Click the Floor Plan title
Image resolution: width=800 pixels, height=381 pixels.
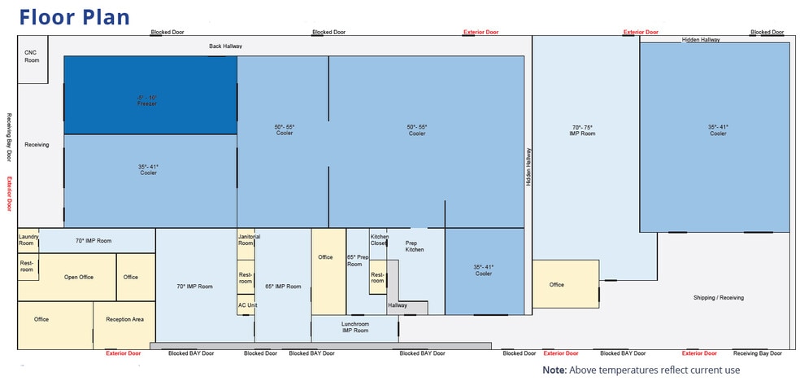pos(75,17)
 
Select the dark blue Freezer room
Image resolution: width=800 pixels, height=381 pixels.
pos(150,95)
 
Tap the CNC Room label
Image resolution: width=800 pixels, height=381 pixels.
pos(32,56)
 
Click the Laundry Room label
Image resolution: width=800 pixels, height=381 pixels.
pos(26,240)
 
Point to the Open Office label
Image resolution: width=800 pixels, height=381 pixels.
pos(79,278)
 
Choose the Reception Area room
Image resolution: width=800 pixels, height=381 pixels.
pos(124,326)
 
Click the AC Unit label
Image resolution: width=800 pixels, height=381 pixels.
pos(246,305)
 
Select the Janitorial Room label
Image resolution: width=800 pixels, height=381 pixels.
pos(249,240)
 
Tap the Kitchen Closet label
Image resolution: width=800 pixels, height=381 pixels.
pos(379,240)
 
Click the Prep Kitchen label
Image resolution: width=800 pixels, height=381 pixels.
pos(415,246)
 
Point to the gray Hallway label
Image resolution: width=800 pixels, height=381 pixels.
pos(398,305)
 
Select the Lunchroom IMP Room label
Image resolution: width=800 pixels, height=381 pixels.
pos(355,327)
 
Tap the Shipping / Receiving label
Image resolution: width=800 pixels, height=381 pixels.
pos(719,298)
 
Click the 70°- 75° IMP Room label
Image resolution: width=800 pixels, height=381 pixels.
pos(583,130)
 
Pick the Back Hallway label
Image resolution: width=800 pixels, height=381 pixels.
pos(225,46)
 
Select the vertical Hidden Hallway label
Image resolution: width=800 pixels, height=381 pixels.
pos(528,167)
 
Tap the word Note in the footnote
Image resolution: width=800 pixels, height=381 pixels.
pos(554,370)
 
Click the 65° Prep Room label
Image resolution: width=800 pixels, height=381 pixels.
pos(358,261)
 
